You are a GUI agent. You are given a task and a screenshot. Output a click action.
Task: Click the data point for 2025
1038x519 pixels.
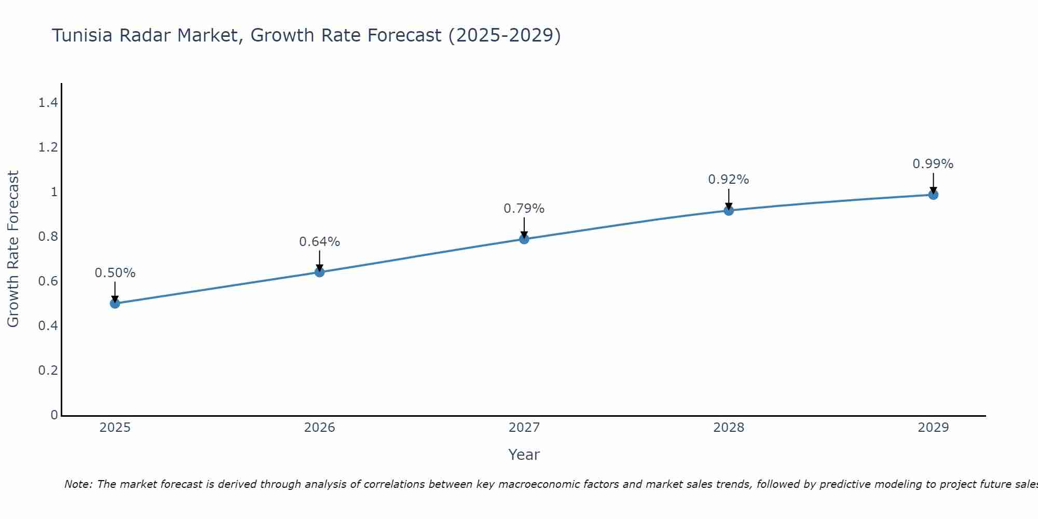(x=115, y=304)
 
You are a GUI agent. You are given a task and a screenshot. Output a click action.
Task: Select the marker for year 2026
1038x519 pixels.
(x=320, y=272)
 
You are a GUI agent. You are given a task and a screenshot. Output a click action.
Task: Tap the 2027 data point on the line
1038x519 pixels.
(x=524, y=239)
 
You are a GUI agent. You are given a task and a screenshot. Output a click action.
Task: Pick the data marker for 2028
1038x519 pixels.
(x=729, y=210)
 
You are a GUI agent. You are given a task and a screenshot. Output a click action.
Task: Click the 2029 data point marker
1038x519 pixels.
(x=933, y=195)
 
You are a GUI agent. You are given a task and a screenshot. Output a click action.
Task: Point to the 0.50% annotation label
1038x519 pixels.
(x=115, y=273)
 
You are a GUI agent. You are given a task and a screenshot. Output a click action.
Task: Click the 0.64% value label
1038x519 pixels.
(x=320, y=242)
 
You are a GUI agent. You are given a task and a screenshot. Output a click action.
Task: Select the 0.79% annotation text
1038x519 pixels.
(x=524, y=209)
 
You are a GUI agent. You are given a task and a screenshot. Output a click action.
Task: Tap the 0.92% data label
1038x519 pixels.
(x=729, y=180)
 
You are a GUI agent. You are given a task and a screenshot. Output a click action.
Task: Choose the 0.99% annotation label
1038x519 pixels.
(x=933, y=164)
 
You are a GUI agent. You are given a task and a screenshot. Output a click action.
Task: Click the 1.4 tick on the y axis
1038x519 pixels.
(x=48, y=103)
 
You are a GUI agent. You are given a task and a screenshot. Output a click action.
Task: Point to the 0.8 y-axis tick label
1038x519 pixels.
(x=48, y=237)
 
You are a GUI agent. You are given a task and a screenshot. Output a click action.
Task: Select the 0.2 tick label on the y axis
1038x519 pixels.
(x=48, y=371)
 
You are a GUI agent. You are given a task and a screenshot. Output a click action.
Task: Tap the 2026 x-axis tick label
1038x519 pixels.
(x=320, y=428)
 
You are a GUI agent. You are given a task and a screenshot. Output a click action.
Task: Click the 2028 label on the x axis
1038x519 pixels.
(x=729, y=428)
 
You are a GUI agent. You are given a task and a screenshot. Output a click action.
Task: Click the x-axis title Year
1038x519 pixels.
(x=524, y=455)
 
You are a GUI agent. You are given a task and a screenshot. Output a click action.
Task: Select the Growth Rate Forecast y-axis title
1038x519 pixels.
(x=13, y=249)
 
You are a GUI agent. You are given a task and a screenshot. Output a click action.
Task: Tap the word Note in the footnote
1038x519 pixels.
(x=78, y=484)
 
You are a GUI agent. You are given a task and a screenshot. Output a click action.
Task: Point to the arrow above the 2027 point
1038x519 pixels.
(x=524, y=227)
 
